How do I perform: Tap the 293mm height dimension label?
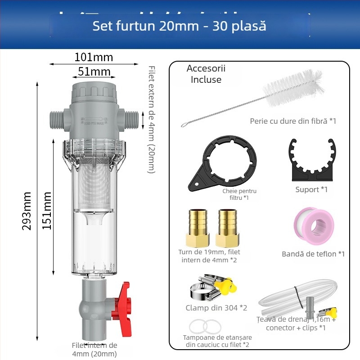pyautogui.click(x=27, y=211)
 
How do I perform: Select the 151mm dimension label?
pyautogui.click(x=47, y=210)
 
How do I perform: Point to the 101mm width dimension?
pyautogui.click(x=94, y=57)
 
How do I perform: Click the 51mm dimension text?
pyautogui.click(x=94, y=72)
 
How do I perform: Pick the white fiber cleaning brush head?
pyautogui.click(x=295, y=88)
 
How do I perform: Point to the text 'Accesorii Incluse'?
pyautogui.click(x=206, y=74)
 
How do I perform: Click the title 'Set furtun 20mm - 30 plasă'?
pyautogui.click(x=179, y=25)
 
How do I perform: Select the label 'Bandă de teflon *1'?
pyautogui.click(x=313, y=254)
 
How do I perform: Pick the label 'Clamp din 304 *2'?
pyautogui.click(x=216, y=308)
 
